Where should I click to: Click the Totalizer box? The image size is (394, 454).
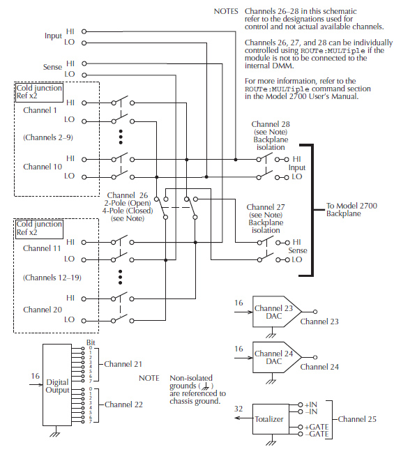[271, 418]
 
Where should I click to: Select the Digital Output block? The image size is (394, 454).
[57, 385]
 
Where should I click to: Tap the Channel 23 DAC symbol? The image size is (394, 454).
[277, 312]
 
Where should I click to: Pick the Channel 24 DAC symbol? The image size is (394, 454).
[277, 357]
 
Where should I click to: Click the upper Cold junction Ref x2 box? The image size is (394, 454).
[39, 92]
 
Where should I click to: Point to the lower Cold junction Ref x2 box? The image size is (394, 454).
[39, 229]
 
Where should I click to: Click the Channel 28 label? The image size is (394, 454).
[271, 124]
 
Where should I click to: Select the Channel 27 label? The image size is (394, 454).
[266, 207]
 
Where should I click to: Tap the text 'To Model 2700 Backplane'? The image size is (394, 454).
[351, 210]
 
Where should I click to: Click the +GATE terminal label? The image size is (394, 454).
[317, 427]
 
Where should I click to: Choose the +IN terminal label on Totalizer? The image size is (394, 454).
[311, 404]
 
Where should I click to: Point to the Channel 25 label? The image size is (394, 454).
[357, 419]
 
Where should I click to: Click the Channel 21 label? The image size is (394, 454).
[123, 364]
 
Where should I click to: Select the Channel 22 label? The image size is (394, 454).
[123, 404]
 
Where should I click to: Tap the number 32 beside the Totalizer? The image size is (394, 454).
[238, 409]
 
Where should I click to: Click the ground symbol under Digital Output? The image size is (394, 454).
[55, 434]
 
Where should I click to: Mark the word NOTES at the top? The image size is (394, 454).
[226, 11]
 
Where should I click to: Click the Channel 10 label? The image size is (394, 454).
[43, 167]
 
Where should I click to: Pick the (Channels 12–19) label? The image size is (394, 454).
[52, 278]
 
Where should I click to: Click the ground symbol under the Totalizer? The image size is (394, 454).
[271, 442]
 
